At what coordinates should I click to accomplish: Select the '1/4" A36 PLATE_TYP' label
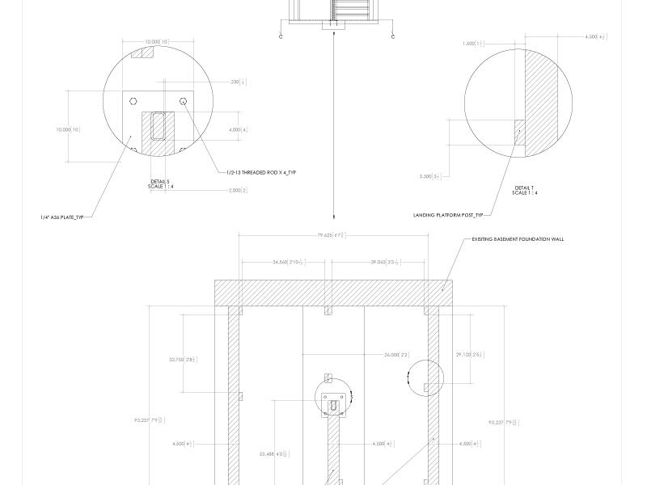63,217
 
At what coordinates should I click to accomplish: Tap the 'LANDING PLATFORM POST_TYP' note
447,215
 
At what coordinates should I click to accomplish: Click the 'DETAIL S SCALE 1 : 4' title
160,184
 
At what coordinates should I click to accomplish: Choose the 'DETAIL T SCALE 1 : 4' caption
525,190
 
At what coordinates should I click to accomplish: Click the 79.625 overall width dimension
331,235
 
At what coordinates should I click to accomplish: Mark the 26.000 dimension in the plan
396,355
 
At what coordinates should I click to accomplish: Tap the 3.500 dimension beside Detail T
429,176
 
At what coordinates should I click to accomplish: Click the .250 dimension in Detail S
239,82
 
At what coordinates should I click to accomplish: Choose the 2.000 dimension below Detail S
237,190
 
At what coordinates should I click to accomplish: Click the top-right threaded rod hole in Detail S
184,101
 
